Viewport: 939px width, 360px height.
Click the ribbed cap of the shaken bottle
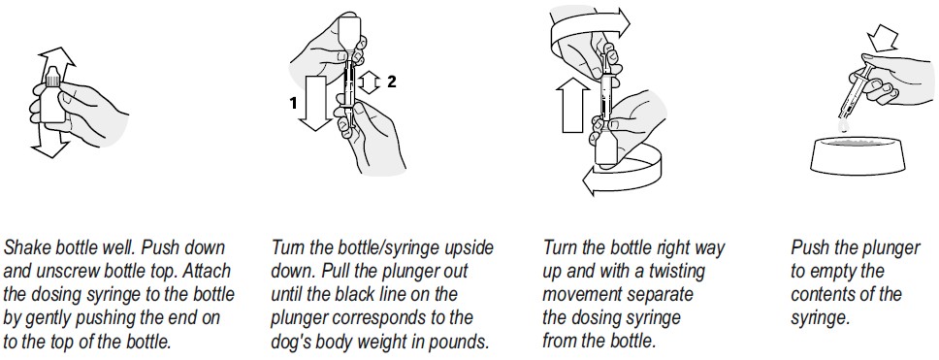coord(52,76)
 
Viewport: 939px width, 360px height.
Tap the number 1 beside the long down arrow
coord(293,104)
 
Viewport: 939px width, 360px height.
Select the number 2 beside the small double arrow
coord(392,82)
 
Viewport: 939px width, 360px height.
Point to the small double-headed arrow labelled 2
coord(371,82)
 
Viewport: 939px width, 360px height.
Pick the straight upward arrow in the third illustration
coord(573,106)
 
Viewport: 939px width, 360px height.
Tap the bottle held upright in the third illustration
coord(606,147)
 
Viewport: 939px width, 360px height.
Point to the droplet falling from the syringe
coord(844,124)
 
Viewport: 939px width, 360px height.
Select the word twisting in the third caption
coord(674,271)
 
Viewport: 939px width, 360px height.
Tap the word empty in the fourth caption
coord(833,272)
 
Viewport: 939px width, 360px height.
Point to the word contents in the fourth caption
coord(824,295)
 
